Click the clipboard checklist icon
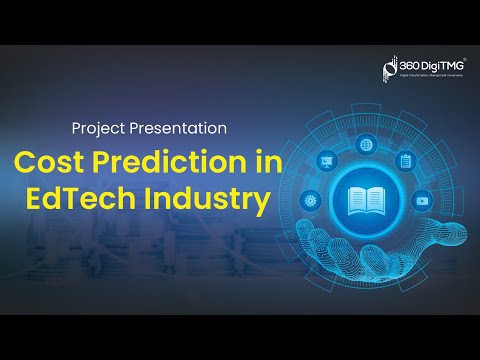405,160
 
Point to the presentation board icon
326,160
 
